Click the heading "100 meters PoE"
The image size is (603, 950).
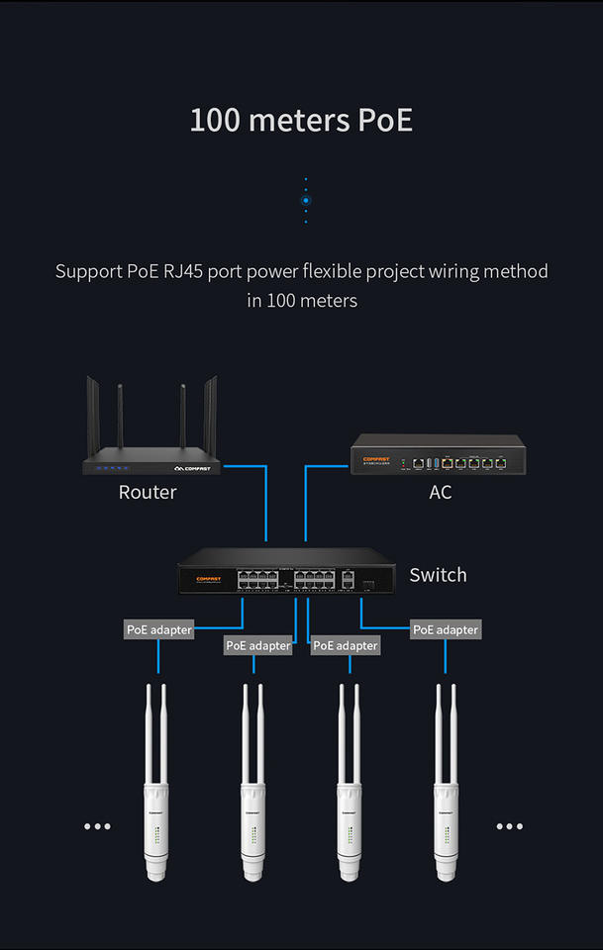click(x=301, y=121)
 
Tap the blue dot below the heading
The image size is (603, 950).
click(x=306, y=200)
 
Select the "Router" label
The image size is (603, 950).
click(x=148, y=492)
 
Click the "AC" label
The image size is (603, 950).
click(x=441, y=492)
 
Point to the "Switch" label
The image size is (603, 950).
click(x=438, y=575)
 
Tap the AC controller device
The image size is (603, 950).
click(x=438, y=458)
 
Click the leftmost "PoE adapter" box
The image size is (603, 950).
click(x=158, y=629)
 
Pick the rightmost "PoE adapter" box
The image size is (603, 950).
click(x=446, y=629)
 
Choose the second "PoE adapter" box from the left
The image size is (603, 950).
click(x=258, y=645)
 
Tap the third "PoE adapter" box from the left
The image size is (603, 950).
click(x=345, y=645)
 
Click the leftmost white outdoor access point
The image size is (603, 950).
click(x=157, y=792)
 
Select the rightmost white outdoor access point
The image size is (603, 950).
click(x=446, y=792)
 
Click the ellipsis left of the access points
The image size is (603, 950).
click(x=97, y=826)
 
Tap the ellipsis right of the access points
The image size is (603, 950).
click(x=509, y=826)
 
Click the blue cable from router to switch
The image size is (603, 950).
click(x=266, y=505)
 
